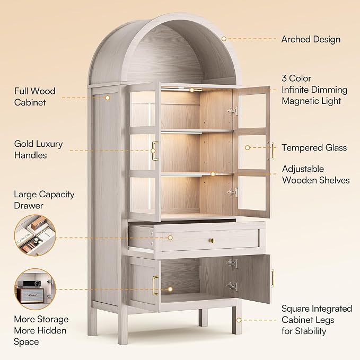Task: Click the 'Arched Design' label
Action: tap(311, 39)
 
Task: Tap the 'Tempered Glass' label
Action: tap(314, 147)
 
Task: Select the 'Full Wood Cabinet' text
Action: tap(34, 96)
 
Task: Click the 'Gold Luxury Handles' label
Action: tap(38, 150)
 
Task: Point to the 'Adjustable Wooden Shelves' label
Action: tap(315, 174)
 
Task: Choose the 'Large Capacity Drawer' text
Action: tap(44, 200)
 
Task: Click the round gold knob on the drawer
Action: tap(212, 240)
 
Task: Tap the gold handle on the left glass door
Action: tap(155, 151)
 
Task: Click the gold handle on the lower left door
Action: tap(155, 285)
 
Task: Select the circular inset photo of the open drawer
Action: tap(35, 235)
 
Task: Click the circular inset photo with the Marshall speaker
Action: tap(35, 289)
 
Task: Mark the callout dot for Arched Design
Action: tap(224, 39)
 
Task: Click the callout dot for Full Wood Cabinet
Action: tap(108, 98)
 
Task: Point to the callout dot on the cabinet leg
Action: tap(239, 320)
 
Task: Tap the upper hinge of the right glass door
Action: tap(233, 111)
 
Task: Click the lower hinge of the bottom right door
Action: tap(232, 286)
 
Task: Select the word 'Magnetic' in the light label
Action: tap(298, 101)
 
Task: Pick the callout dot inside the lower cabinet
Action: tap(170, 289)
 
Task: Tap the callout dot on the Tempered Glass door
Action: tap(248, 147)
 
